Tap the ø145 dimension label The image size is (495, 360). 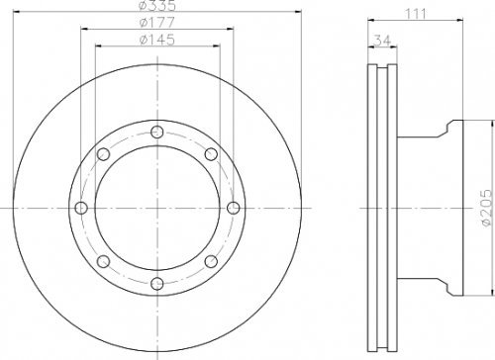(x=157, y=41)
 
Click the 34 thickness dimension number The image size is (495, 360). (x=380, y=41)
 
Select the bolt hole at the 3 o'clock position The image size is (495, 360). (x=233, y=207)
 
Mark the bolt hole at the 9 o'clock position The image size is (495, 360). (x=83, y=207)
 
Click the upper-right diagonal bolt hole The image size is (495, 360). (x=210, y=154)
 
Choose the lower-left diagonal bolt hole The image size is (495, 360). (x=105, y=260)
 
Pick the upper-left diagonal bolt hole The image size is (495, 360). (x=105, y=154)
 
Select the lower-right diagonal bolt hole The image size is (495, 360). (x=210, y=260)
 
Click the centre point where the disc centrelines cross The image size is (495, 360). (x=157, y=207)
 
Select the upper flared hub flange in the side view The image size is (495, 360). (x=450, y=129)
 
